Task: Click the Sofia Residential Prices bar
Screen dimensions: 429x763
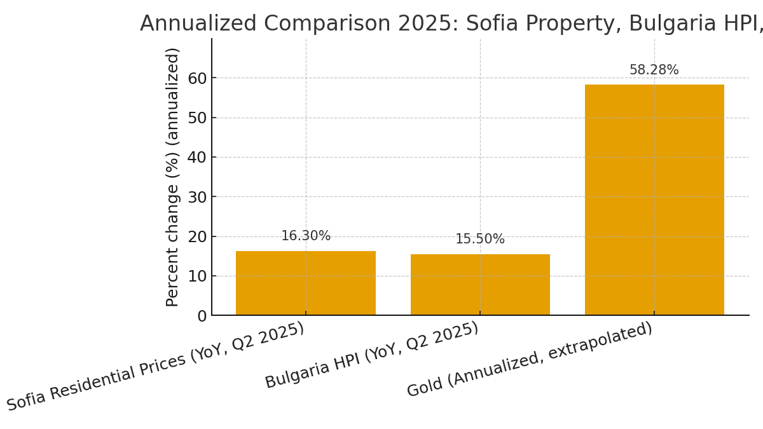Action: (x=305, y=283)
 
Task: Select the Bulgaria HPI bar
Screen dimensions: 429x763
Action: (x=480, y=285)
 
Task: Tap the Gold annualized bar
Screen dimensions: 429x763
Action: (x=654, y=200)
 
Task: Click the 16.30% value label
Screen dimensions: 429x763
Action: (x=306, y=236)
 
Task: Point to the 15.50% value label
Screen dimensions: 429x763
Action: (x=480, y=240)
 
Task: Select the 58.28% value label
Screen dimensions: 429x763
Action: (x=654, y=71)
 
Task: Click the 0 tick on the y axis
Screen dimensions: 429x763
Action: (x=202, y=316)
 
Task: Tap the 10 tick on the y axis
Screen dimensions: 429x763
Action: (x=198, y=276)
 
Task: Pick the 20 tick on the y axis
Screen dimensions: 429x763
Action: (x=198, y=236)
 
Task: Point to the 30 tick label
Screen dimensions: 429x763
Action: (x=198, y=197)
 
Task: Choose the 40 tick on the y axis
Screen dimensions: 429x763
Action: (x=198, y=157)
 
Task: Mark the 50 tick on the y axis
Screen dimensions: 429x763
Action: (x=198, y=118)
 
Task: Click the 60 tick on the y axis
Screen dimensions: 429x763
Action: (x=198, y=78)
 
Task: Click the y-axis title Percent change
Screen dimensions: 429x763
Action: (x=173, y=177)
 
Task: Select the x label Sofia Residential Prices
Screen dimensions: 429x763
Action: (x=156, y=367)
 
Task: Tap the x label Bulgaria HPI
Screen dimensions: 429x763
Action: (x=372, y=355)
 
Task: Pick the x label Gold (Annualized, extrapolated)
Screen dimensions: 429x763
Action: (x=530, y=360)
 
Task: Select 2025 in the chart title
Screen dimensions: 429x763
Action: (x=431, y=24)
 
